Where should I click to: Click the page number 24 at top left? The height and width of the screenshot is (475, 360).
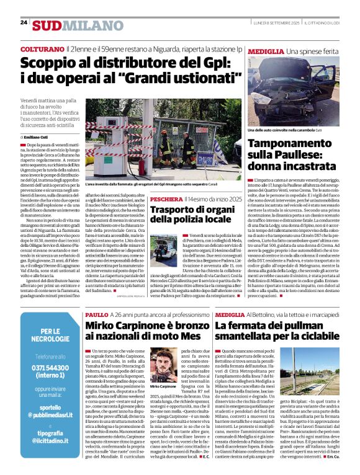click(x=24, y=22)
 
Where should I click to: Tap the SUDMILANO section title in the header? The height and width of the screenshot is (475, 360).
click(x=70, y=25)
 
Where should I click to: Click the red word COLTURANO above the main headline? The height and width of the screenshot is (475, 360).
click(x=41, y=48)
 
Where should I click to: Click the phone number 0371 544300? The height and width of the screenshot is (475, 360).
click(x=51, y=368)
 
